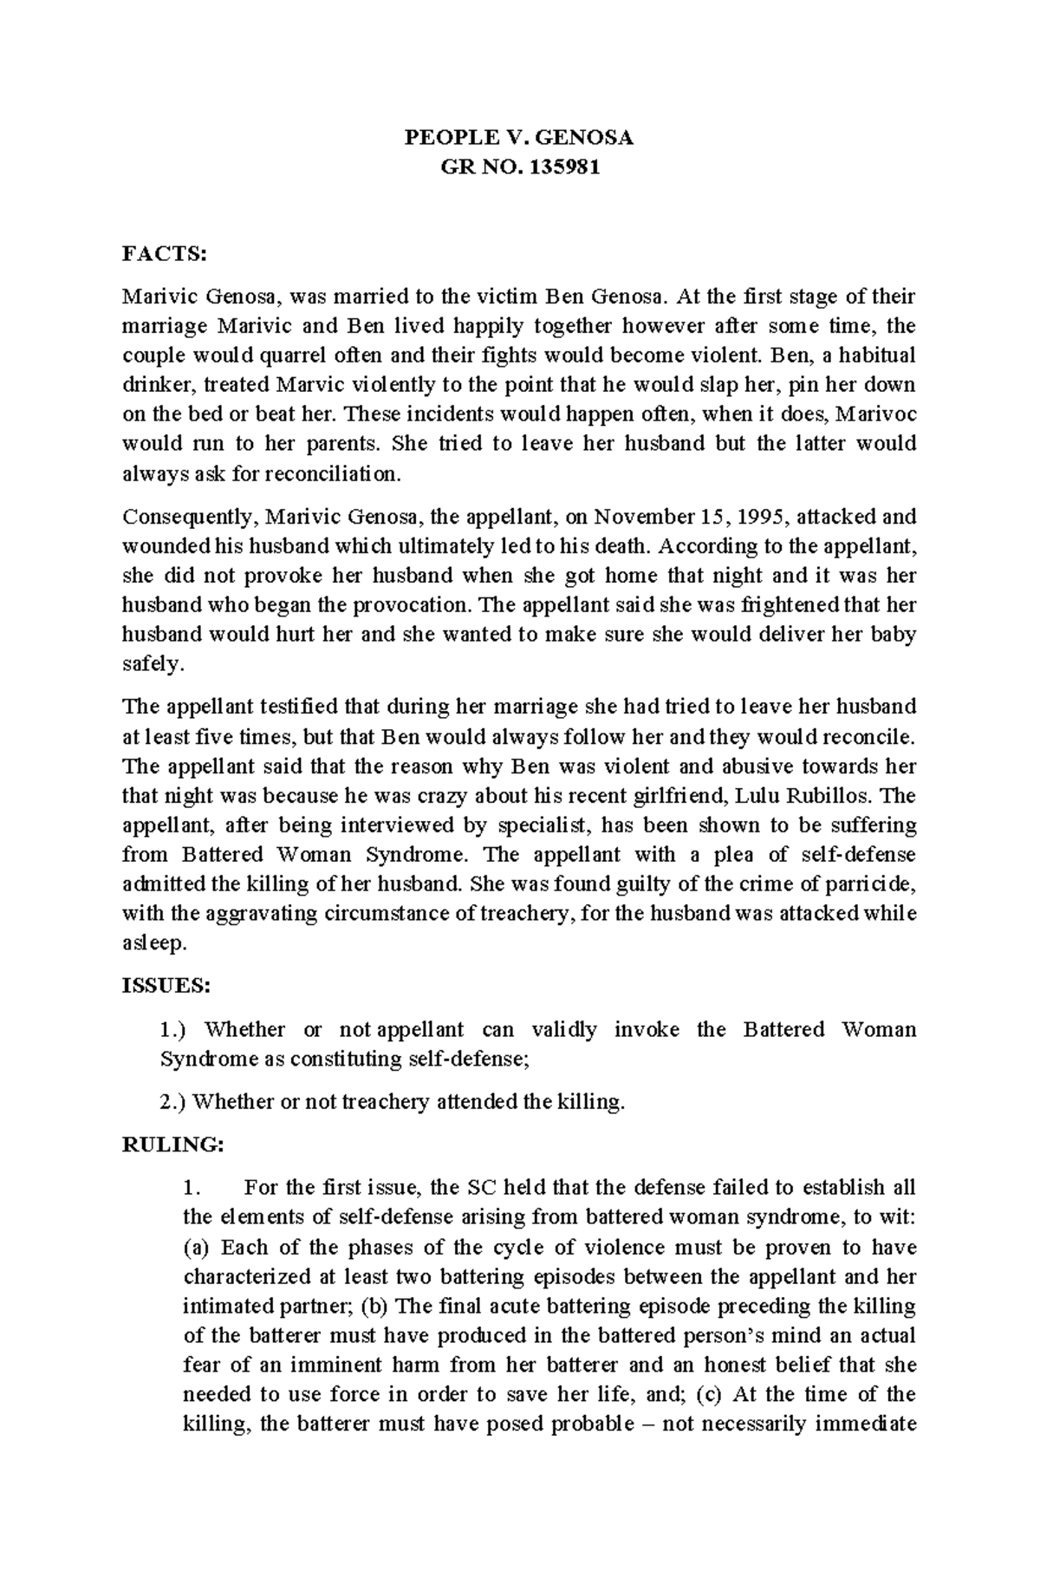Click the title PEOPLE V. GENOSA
520,137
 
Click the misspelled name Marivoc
877,414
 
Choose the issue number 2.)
173,1102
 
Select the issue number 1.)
173,1029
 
